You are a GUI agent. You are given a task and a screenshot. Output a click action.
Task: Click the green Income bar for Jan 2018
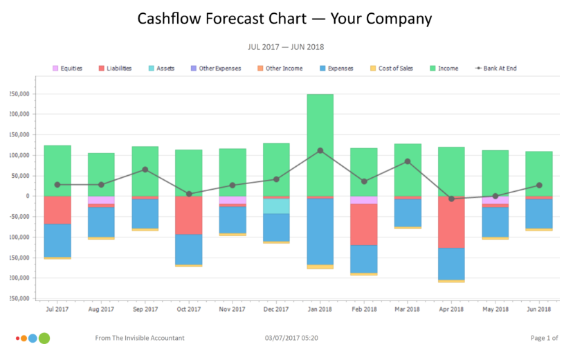[320, 145]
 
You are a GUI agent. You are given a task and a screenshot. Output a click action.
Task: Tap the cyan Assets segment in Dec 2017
[276, 206]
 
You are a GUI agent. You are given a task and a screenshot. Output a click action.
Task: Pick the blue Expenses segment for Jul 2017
[57, 240]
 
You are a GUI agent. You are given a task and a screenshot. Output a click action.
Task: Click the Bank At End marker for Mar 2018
[408, 161]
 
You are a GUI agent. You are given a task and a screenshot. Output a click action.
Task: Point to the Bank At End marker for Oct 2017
[189, 194]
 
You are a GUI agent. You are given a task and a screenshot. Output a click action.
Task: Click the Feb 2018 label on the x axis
[364, 309]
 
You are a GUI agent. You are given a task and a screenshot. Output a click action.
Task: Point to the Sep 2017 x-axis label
[145, 309]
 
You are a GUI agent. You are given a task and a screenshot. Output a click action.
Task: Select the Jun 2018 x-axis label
[539, 309]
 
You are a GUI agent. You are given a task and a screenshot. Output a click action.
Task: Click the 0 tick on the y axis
[27, 196]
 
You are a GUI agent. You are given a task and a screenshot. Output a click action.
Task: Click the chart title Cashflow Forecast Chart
[284, 19]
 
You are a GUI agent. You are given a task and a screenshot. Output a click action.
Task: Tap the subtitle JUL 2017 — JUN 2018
[286, 47]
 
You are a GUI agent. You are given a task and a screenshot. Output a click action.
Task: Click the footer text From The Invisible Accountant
[139, 339]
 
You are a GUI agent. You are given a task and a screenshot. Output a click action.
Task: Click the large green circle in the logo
[44, 339]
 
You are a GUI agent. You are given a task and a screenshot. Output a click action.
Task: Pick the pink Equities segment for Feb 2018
[364, 200]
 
